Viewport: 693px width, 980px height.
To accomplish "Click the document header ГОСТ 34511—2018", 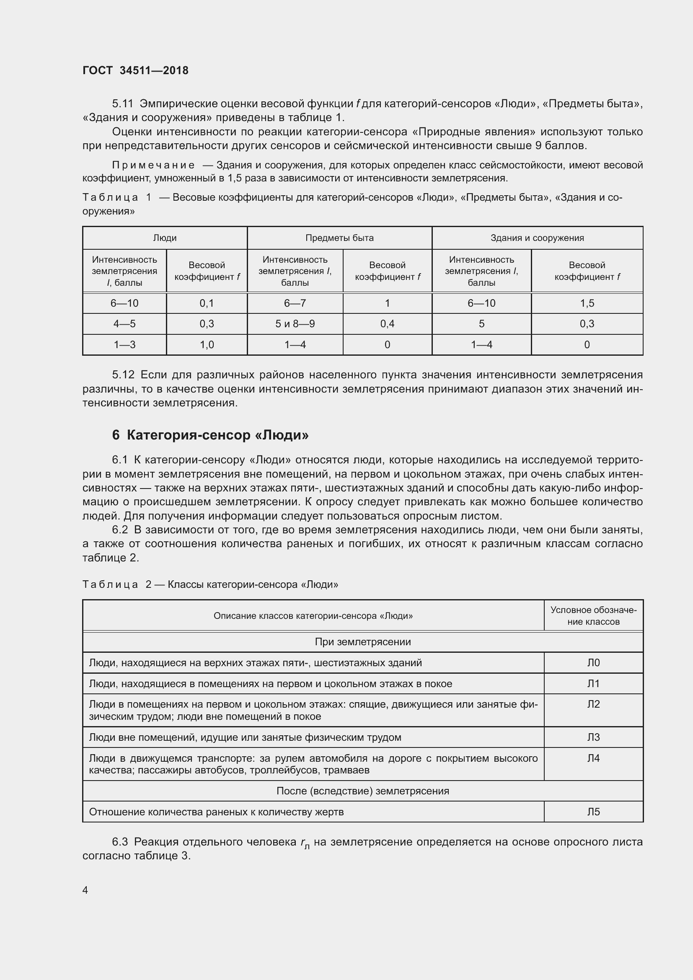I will click(135, 70).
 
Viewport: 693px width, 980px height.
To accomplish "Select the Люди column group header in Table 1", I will click(165, 238).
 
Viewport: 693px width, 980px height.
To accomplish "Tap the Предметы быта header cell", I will click(339, 238).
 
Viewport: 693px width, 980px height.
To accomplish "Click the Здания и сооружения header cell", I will click(537, 238).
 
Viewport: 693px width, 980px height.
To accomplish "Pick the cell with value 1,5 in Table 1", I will click(587, 303).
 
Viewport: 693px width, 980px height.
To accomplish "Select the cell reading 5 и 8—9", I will click(295, 323).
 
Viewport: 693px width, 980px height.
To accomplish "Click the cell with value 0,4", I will click(387, 323).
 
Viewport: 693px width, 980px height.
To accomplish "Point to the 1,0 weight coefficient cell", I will click(207, 344).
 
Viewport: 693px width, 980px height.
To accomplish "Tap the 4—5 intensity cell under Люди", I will click(124, 323).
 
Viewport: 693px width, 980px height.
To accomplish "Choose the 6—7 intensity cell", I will click(295, 303).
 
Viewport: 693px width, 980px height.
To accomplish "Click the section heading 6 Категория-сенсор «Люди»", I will click(210, 435).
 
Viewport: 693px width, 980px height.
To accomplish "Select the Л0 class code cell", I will click(593, 662).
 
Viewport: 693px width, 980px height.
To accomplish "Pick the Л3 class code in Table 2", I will click(593, 737).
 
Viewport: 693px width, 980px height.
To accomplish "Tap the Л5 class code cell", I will click(593, 812).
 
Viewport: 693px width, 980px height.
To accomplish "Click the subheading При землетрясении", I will click(363, 641).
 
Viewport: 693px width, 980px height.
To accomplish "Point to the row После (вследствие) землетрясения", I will click(363, 791).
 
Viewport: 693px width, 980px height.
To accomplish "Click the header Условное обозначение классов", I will click(593, 615).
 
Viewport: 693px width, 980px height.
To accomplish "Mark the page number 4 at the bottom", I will click(85, 889).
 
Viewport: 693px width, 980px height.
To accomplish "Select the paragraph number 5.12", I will click(123, 375).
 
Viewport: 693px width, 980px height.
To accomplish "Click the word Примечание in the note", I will click(153, 165).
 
